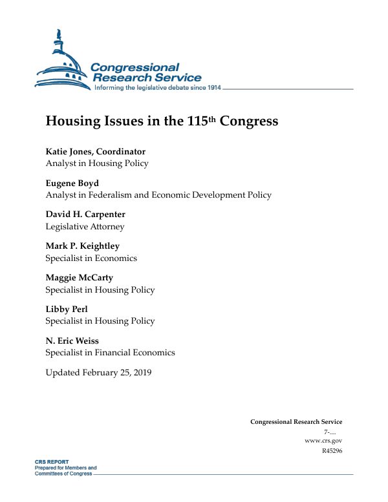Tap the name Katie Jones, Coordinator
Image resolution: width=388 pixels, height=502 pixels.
(95, 152)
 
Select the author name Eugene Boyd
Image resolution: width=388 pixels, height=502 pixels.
(72, 183)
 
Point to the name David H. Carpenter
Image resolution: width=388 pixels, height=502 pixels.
(85, 214)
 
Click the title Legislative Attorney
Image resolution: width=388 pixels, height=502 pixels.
(85, 227)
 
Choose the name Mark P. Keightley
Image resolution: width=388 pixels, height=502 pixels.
(82, 246)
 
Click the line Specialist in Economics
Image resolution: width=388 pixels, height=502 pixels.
(91, 258)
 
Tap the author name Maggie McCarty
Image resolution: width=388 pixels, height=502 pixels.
(79, 278)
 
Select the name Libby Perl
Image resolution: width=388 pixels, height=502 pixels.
(67, 309)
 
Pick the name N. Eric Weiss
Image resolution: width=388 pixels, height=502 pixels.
(72, 341)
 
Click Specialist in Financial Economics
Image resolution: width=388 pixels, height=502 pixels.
(110, 353)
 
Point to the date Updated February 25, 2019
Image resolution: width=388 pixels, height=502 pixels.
(98, 373)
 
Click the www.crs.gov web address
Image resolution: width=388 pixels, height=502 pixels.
(323, 441)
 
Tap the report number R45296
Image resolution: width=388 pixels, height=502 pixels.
(331, 450)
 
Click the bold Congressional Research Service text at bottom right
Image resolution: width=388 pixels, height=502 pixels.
(296, 422)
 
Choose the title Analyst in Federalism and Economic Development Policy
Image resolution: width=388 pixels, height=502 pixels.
(158, 195)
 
